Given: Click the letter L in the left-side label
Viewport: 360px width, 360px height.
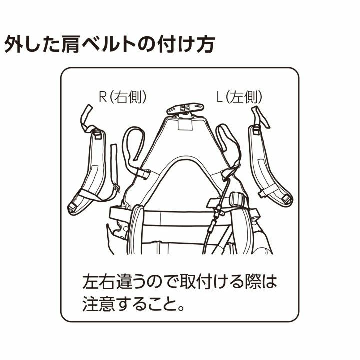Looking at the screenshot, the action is (219, 97).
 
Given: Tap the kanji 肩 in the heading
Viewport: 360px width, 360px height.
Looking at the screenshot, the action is (69, 44).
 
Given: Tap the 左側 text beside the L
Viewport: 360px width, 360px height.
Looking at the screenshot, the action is (244, 97).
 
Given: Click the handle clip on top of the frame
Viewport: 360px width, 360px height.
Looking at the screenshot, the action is (185, 109).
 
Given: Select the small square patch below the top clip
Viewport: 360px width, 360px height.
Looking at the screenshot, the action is (185, 124).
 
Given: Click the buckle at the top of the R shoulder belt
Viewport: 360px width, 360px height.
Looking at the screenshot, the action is (97, 134).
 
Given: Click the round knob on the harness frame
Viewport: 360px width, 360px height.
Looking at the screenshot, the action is (236, 199).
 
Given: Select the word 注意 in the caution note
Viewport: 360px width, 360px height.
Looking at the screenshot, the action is (99, 303).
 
